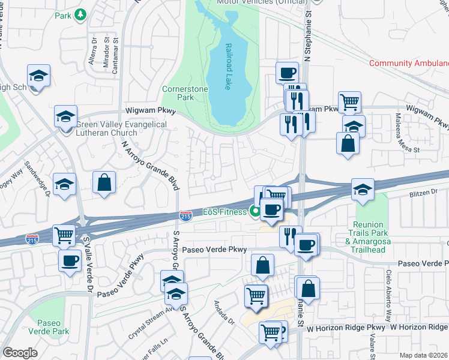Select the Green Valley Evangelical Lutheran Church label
[x=121, y=128]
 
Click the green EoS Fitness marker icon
[x=255, y=211]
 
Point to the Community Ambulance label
[x=408, y=63]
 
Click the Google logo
[x=20, y=353]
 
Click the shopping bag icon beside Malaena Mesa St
[x=348, y=143]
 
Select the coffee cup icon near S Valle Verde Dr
[x=70, y=261]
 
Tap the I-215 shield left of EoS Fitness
[x=186, y=214]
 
